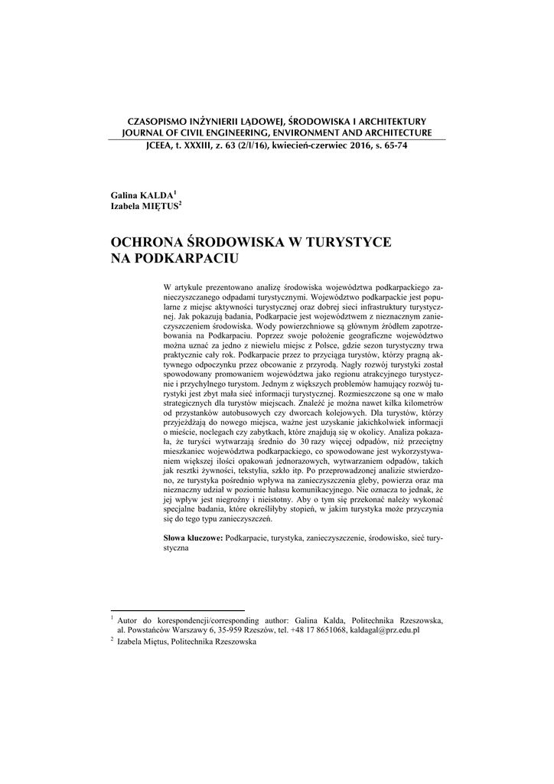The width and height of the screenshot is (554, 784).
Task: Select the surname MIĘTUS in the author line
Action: [158, 207]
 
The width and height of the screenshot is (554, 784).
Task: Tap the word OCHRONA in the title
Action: [150, 243]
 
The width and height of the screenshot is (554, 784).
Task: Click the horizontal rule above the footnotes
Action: [158, 612]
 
